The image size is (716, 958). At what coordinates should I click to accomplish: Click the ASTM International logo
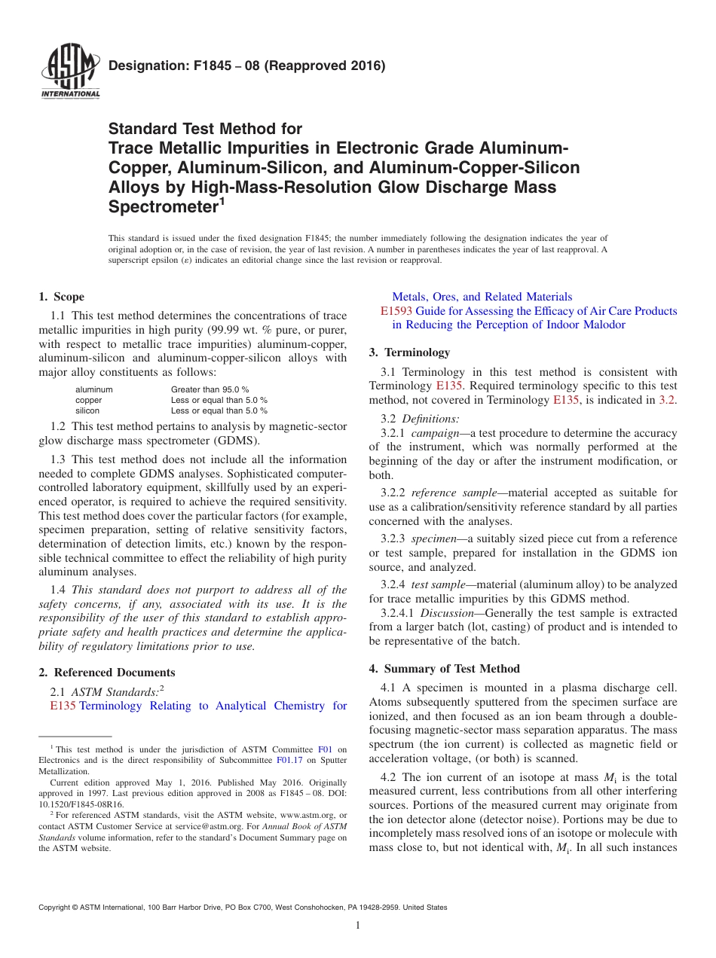coord(70,72)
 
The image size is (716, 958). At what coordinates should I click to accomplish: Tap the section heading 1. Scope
coord(61,297)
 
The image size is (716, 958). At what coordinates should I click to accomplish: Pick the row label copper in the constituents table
coord(88,400)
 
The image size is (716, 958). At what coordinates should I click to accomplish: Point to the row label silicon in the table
coord(87,410)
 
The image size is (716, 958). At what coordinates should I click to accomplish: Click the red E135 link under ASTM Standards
coord(63,706)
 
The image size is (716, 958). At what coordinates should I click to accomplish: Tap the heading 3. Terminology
coord(409,352)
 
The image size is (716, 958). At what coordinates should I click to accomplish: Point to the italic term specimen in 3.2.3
coord(434,538)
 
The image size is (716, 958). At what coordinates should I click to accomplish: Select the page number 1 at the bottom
coord(358,926)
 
